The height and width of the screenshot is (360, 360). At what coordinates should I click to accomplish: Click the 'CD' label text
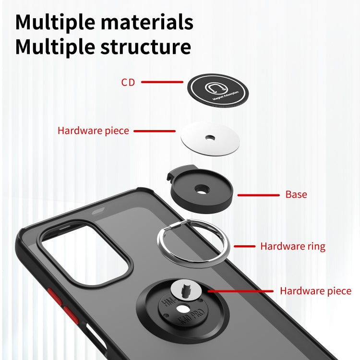(128, 83)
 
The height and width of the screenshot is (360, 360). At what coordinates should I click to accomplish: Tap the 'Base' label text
(296, 194)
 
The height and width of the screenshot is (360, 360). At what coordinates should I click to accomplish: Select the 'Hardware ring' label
(293, 246)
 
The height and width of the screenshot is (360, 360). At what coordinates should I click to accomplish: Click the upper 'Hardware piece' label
(93, 131)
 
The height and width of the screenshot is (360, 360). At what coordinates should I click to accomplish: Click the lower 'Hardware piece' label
(315, 291)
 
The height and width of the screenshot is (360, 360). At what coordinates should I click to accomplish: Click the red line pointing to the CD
(162, 82)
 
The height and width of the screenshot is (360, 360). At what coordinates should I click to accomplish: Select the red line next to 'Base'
(258, 195)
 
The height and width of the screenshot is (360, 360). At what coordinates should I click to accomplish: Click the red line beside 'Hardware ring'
(244, 246)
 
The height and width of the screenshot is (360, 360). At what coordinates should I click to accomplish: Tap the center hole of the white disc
(209, 137)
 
